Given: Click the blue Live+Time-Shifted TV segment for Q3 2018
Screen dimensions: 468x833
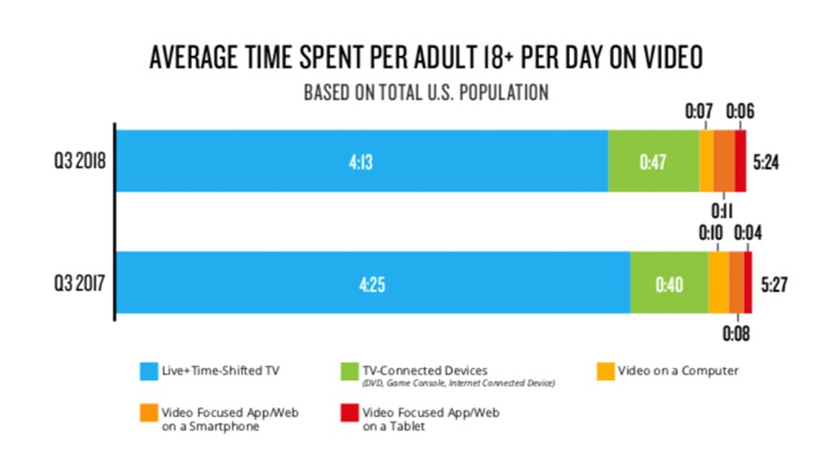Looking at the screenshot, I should coord(361,161).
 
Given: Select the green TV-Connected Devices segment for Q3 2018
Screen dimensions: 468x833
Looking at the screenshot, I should coord(653,161).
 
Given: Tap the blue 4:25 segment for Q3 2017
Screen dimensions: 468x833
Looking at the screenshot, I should coord(373,284).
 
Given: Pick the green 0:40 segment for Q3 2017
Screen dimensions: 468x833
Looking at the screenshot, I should coord(669,284).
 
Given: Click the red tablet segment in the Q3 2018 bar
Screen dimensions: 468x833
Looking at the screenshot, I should coord(740,161).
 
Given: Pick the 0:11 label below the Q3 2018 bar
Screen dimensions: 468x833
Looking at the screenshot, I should coord(722,208).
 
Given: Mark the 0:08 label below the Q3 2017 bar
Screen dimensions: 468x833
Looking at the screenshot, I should coord(736,330).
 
